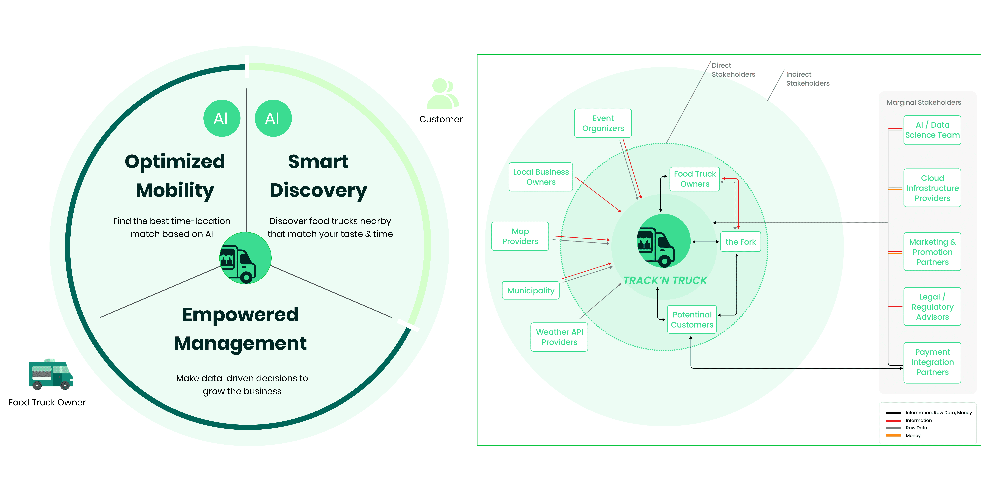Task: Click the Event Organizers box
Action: point(603,123)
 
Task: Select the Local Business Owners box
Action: point(541,177)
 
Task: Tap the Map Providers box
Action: point(520,236)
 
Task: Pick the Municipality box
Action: point(531,290)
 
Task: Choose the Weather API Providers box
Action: point(559,337)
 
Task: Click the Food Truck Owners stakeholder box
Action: point(694,179)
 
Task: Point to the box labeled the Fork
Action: point(740,242)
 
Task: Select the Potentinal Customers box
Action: point(692,320)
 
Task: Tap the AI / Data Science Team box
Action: point(932,130)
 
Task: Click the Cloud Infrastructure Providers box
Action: point(932,188)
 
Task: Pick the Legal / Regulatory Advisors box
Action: point(932,307)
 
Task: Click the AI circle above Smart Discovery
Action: point(273,118)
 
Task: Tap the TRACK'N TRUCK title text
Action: point(665,280)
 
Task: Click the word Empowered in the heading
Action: point(240,315)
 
